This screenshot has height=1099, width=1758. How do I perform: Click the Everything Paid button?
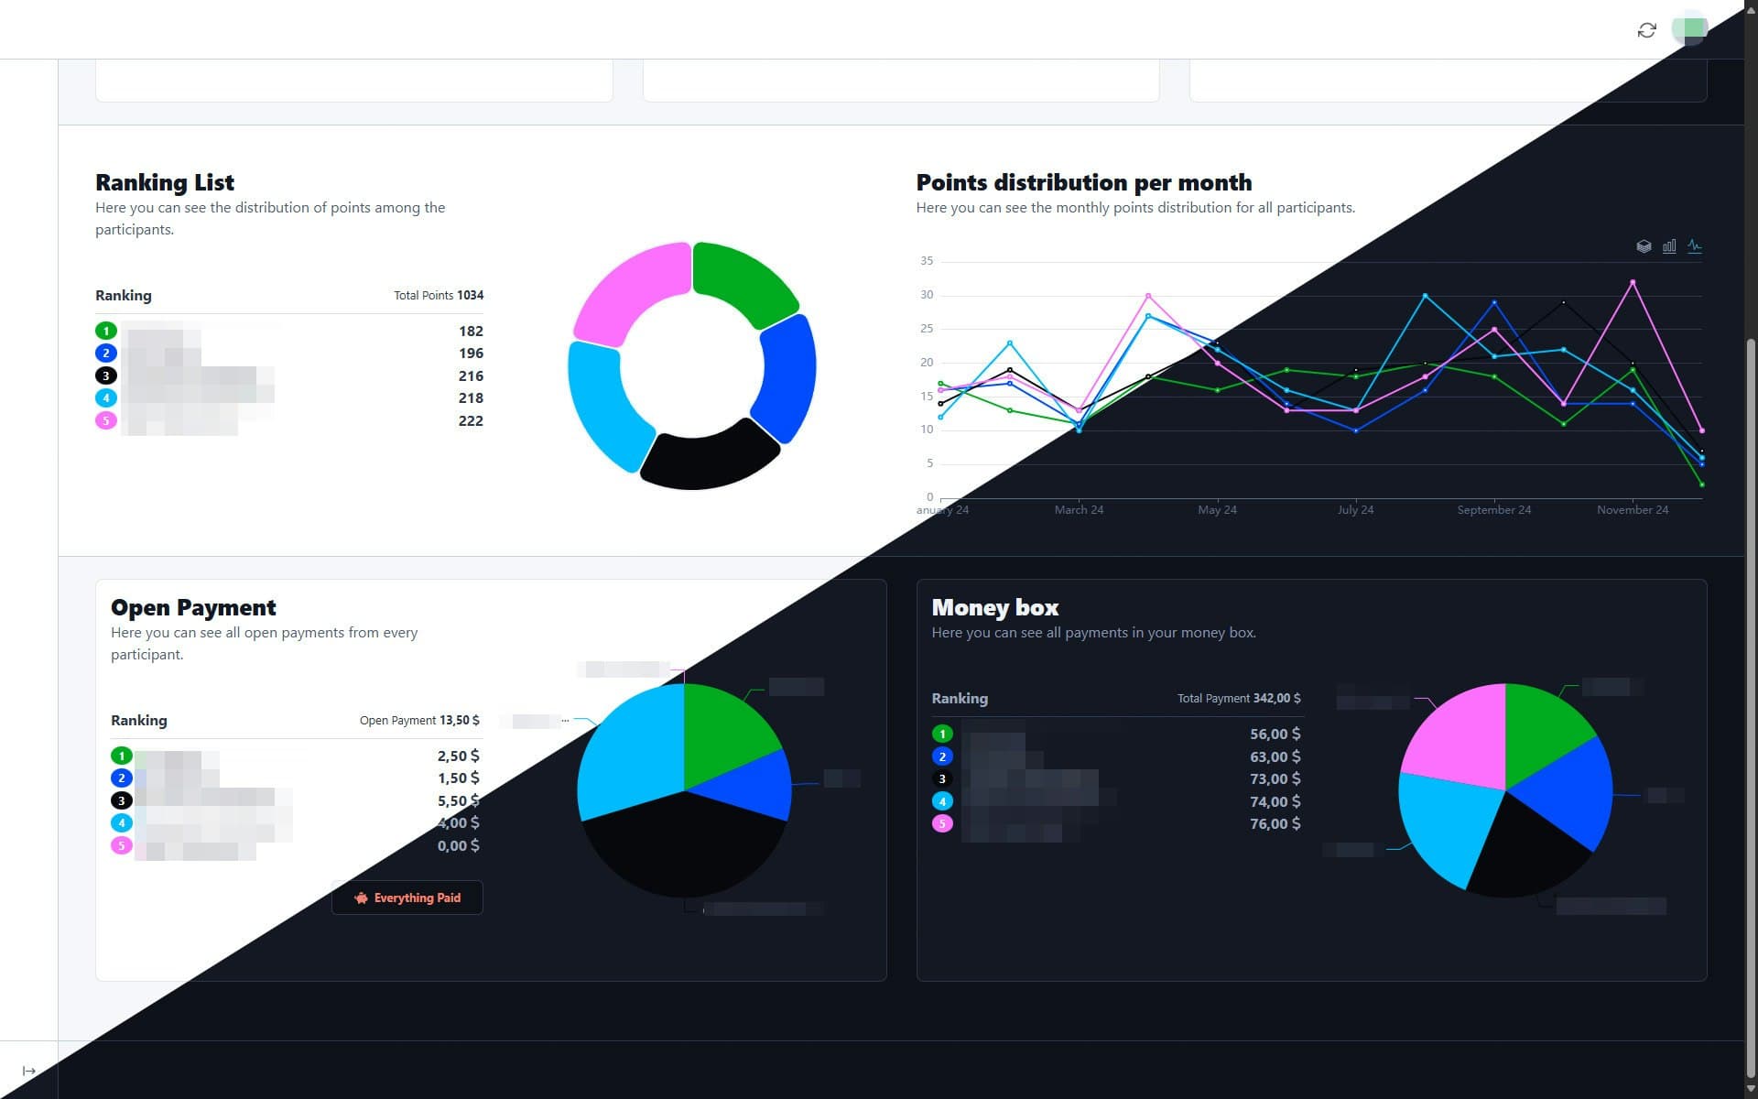click(407, 898)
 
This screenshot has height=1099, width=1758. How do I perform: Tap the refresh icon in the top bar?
click(1646, 30)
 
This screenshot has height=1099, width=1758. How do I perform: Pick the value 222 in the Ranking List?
click(471, 420)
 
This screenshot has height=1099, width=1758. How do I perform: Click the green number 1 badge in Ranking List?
click(106, 331)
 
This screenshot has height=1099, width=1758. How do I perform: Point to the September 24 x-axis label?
click(1493, 510)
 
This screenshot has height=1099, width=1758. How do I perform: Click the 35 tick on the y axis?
click(927, 261)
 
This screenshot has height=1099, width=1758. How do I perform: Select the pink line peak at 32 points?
click(1633, 282)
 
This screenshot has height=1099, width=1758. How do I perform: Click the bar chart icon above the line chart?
click(1669, 246)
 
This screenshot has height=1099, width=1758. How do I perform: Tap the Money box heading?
click(994, 607)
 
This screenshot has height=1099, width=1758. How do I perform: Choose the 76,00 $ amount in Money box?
click(1275, 823)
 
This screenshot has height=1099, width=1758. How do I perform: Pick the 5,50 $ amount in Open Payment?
click(458, 800)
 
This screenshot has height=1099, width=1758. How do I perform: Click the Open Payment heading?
click(193, 607)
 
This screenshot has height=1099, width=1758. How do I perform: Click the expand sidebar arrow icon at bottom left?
click(29, 1071)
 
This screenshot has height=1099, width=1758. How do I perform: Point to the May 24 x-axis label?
click(1217, 510)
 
